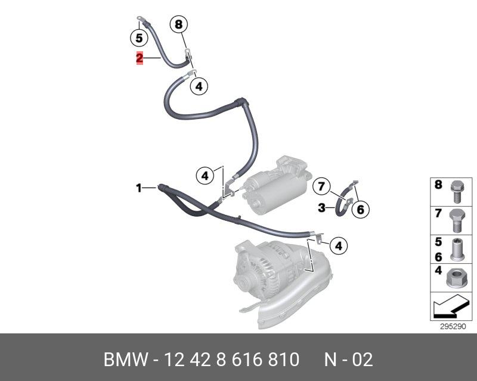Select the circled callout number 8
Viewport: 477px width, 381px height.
pos(178,24)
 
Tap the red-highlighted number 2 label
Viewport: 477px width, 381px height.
pos(139,58)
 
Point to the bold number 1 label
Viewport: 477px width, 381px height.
pos(138,188)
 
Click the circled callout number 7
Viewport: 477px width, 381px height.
pos(321,186)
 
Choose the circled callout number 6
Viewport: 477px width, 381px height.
pos(360,209)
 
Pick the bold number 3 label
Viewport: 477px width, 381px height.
pos(321,208)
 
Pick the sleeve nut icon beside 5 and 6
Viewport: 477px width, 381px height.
pos(457,249)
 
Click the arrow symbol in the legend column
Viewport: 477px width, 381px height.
pos(451,307)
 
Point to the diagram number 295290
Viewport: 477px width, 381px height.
pos(452,326)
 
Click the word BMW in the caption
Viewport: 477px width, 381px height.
pos(125,360)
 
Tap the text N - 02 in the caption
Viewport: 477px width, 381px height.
pos(348,360)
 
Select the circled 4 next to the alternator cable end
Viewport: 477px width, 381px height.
pos(338,245)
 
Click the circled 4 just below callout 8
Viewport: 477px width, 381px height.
pos(199,86)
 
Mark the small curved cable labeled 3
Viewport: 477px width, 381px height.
pos(344,203)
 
